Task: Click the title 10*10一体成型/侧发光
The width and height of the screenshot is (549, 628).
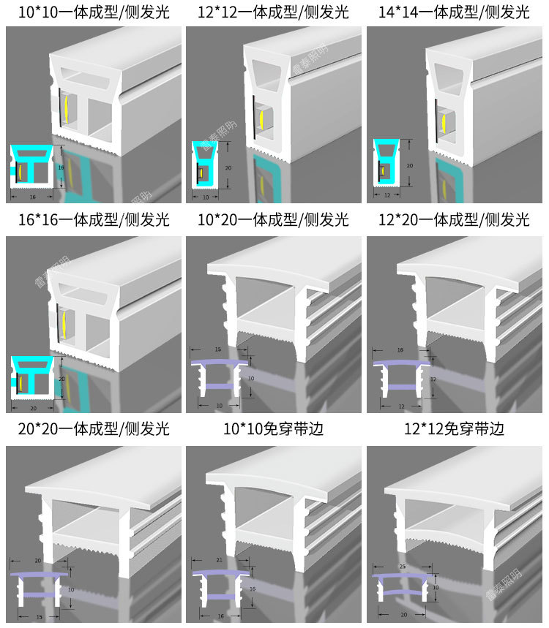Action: coord(93,12)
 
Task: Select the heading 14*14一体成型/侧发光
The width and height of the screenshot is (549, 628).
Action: coord(455,12)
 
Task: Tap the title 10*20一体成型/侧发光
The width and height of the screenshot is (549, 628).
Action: coord(274,219)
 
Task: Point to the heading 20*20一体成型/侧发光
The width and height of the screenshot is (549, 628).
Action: coord(93,427)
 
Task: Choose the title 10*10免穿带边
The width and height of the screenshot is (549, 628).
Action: coord(274,427)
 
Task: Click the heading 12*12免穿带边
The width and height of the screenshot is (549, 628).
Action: coord(455,427)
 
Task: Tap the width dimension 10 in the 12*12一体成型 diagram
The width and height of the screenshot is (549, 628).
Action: coord(205,197)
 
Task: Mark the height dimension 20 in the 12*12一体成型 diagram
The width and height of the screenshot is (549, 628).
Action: coord(228,167)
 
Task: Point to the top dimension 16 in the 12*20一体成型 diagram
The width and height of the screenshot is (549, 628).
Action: coord(400,350)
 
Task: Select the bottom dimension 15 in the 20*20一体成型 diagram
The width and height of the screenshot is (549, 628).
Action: coord(39,617)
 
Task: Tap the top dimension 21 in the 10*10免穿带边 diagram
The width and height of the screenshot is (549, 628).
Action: coord(220,560)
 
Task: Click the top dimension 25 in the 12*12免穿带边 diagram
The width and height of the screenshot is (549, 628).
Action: coord(402,566)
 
